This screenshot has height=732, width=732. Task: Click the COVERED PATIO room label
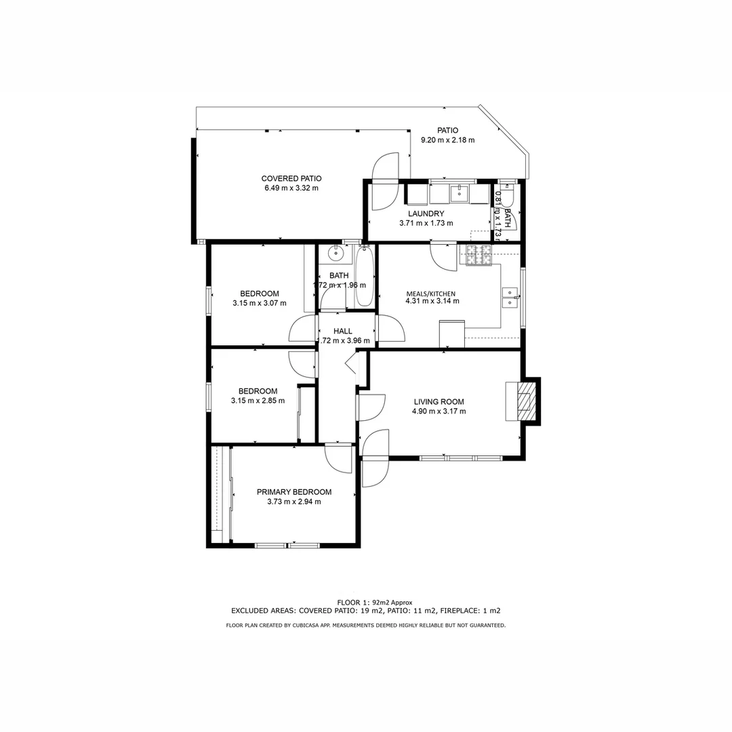(x=291, y=178)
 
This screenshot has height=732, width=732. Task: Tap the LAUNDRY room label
(x=426, y=213)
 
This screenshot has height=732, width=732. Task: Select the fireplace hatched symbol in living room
(x=525, y=401)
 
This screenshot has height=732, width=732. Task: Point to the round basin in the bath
(x=335, y=253)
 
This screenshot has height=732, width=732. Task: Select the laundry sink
(x=460, y=194)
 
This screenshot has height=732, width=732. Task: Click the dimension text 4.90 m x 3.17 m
(x=439, y=411)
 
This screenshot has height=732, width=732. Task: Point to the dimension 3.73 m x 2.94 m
(x=293, y=502)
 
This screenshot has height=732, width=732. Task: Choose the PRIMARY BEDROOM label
(x=293, y=492)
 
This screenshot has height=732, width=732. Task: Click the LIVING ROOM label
(x=439, y=402)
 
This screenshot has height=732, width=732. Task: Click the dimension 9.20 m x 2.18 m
(x=447, y=140)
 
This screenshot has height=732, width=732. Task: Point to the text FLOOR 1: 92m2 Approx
(x=375, y=602)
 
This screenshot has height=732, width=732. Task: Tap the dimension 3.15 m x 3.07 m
(x=259, y=303)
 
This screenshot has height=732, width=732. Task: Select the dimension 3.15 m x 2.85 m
(x=258, y=401)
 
